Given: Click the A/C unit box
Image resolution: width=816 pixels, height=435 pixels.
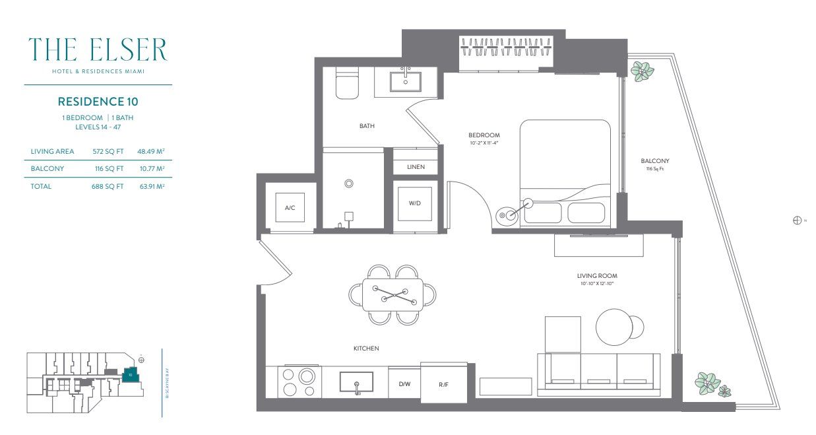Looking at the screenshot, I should [290, 208].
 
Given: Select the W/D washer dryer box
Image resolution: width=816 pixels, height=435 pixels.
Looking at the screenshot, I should [415, 203].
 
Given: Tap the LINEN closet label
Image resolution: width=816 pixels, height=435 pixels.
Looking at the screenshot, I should [416, 167].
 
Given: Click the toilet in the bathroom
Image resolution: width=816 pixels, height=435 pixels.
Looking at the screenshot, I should [347, 84].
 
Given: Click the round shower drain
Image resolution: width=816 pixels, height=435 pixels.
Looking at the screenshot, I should [349, 184].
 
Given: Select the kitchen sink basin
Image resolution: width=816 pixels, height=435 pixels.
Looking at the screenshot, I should [356, 382].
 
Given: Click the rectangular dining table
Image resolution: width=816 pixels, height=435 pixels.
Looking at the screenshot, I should [393, 294].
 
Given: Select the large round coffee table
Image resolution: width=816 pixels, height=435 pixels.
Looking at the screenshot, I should [613, 326].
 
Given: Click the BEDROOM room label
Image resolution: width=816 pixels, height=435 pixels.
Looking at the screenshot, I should [484, 135].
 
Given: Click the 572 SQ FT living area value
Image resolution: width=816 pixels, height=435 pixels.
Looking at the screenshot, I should [108, 151].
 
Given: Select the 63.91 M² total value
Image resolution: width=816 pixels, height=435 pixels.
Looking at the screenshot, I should [150, 186].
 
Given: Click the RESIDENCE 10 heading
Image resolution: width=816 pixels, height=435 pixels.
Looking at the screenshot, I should [98, 102].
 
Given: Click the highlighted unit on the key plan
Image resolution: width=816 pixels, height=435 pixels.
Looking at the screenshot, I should [131, 374].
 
